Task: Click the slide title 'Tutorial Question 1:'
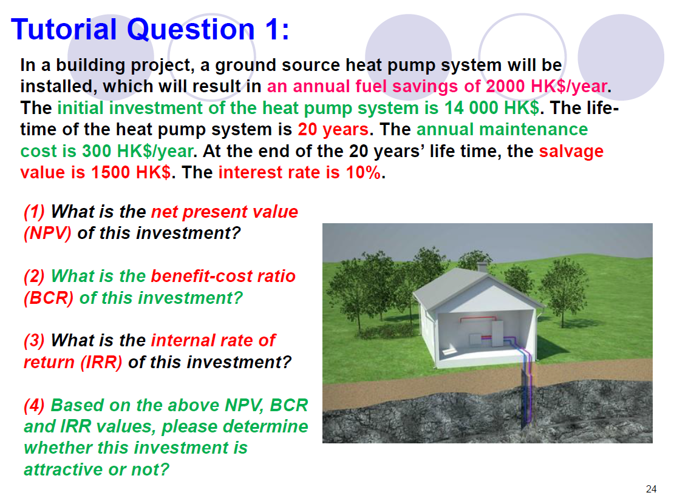(150, 29)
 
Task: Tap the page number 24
(652, 489)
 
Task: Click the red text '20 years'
(333, 130)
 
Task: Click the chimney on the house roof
(482, 266)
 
